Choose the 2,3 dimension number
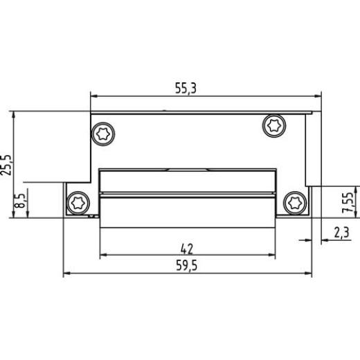point(341,234)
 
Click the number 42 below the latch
point(186,247)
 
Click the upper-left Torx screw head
point(105,133)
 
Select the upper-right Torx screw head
point(273,125)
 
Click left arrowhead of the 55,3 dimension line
point(95,97)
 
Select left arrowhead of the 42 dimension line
point(104,255)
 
